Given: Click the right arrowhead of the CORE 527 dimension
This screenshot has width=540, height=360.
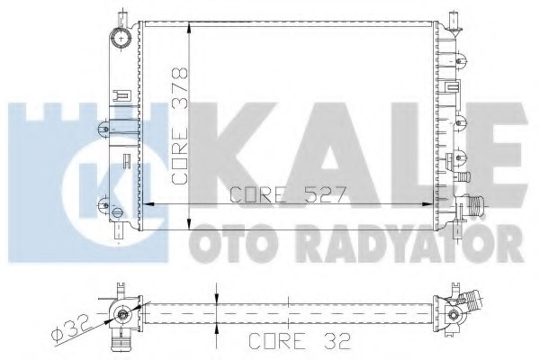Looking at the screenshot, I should (x=427, y=205).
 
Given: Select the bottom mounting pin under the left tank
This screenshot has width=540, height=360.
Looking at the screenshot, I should (x=119, y=236).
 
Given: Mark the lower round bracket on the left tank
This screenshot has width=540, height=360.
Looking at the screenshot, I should (x=120, y=213).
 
